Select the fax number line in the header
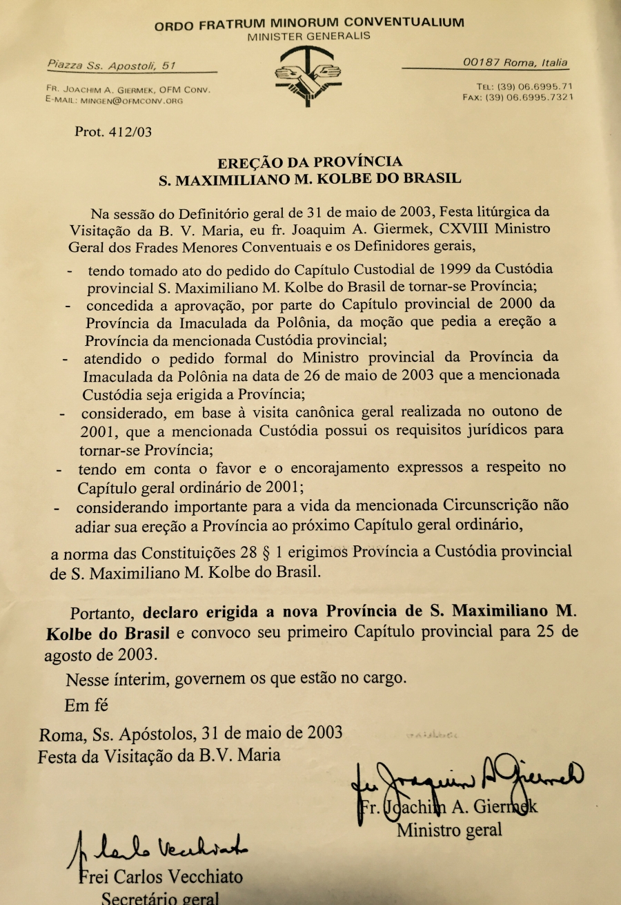coord(517,98)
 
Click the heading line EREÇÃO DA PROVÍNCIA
coord(310,163)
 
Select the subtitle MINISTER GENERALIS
coord(308,35)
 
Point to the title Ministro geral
coord(449,829)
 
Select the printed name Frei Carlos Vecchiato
coord(160,877)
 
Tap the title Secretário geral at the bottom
coord(160,898)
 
